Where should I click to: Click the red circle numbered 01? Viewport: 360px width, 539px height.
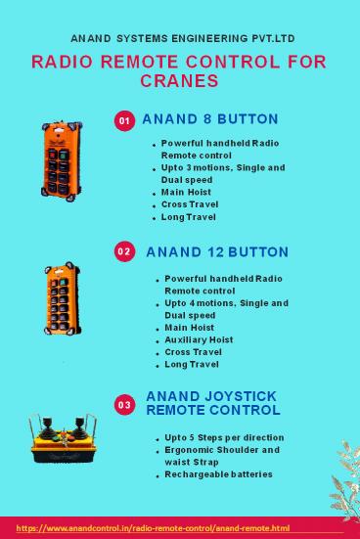pos(124,120)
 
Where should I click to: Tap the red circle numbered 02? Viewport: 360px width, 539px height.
pos(124,251)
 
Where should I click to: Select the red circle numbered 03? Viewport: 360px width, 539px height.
pos(124,405)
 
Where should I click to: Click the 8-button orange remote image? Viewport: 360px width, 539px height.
pos(62,160)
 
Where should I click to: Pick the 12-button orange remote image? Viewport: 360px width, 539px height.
pos(63,298)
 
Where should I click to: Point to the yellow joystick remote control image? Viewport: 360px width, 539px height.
pos(64,438)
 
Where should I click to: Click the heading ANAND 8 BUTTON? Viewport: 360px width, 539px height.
pos(210,119)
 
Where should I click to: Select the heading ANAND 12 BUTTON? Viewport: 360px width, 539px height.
pos(217,252)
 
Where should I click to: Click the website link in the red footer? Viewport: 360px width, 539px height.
pos(153,528)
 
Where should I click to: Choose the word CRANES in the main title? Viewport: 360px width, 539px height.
pos(179,81)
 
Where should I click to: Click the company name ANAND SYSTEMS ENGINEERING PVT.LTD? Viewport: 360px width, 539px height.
pos(183,38)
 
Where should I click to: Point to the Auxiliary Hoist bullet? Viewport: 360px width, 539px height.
pos(199,340)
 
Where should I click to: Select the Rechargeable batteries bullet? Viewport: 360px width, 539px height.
pos(218,474)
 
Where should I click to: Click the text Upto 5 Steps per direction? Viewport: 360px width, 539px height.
pos(224,437)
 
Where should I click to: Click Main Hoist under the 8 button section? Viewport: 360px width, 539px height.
pos(186,192)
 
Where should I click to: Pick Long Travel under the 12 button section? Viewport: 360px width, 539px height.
pos(192,364)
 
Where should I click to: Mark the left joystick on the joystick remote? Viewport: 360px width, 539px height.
pos(48,427)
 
